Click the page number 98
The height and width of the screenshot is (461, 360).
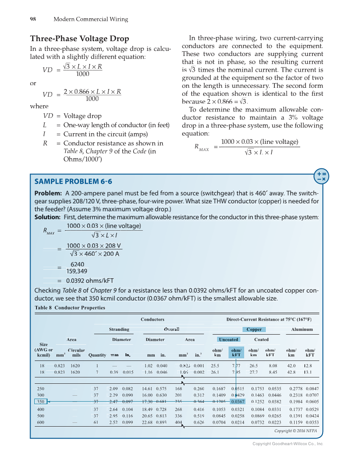[33, 19]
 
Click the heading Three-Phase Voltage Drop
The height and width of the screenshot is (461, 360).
[79, 39]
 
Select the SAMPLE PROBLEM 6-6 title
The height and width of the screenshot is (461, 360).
[73, 182]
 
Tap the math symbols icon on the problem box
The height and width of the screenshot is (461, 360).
[321, 176]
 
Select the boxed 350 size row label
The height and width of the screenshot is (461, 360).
[41, 401]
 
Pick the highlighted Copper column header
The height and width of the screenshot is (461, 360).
[254, 329]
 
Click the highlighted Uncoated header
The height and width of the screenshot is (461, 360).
[228, 339]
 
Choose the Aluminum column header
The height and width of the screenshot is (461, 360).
[302, 329]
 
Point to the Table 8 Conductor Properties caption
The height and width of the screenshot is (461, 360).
[64, 308]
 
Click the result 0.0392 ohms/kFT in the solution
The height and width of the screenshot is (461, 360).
[90, 280]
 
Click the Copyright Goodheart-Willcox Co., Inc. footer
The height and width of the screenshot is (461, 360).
[287, 444]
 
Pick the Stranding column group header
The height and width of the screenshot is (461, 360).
[119, 329]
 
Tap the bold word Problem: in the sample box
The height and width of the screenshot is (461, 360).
[48, 193]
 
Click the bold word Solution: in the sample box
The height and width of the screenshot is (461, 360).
[47, 217]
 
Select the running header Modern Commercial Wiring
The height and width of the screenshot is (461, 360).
[91, 19]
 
